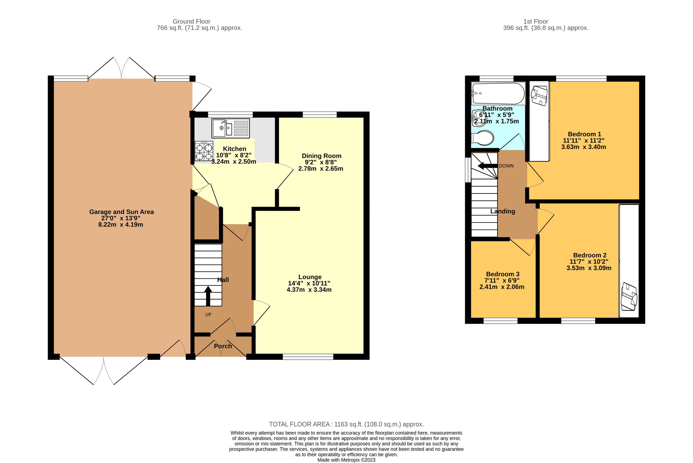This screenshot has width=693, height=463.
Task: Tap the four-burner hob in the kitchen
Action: (x=204, y=151)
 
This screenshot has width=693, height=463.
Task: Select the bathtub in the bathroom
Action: (x=498, y=93)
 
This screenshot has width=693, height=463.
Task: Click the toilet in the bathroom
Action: (x=483, y=138)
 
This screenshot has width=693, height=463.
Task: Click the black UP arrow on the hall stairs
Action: (x=208, y=296)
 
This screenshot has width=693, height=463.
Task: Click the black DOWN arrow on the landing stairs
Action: (x=487, y=166)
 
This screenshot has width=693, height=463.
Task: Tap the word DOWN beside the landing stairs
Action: (x=506, y=166)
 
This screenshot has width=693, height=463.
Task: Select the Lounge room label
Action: (x=310, y=277)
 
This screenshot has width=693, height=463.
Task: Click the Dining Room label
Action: (x=321, y=156)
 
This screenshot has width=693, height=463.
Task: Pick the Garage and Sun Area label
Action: (x=121, y=212)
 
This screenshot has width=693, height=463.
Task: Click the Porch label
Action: (x=223, y=346)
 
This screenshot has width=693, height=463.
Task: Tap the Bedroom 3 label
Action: (x=503, y=274)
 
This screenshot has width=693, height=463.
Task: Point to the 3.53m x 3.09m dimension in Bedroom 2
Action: (x=589, y=268)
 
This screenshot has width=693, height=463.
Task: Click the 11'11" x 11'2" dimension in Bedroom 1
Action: (x=584, y=141)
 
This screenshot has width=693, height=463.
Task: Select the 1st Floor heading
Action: (x=536, y=22)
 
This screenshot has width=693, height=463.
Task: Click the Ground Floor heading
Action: (x=191, y=22)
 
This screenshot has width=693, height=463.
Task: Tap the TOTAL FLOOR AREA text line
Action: (x=346, y=424)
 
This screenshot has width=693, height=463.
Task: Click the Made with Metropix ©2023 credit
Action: (x=346, y=460)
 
